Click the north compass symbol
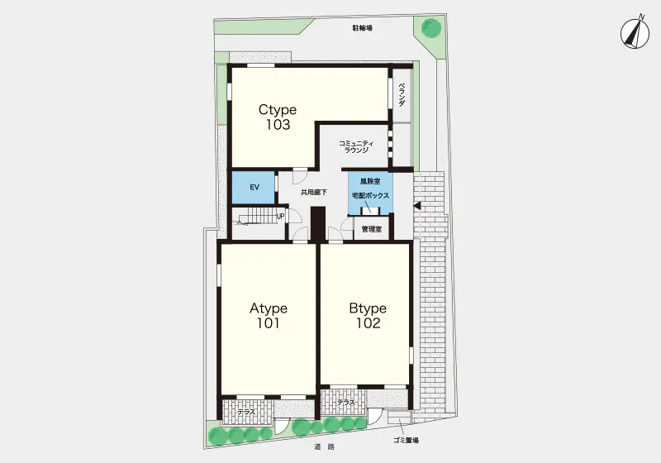(x=634, y=34)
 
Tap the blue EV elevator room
(x=254, y=187)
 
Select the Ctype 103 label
(x=278, y=117)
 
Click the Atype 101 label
(x=269, y=315)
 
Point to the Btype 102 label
(x=368, y=315)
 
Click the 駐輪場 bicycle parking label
(x=363, y=28)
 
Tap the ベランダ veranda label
(x=402, y=94)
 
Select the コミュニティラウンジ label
(x=356, y=146)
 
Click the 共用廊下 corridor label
(x=314, y=193)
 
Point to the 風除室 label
(x=370, y=181)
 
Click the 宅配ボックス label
(x=370, y=196)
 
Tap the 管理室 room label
(x=372, y=229)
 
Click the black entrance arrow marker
(x=417, y=206)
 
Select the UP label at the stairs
(x=280, y=217)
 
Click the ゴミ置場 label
(x=406, y=441)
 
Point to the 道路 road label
(x=324, y=446)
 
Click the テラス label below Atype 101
(x=245, y=412)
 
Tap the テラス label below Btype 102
(x=346, y=403)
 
